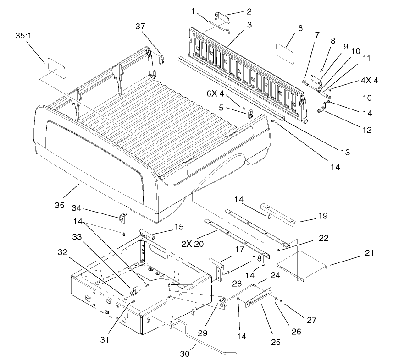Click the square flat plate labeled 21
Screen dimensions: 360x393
click(301, 265)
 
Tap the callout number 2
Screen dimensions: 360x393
click(249, 11)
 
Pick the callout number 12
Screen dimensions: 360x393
click(366, 130)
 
